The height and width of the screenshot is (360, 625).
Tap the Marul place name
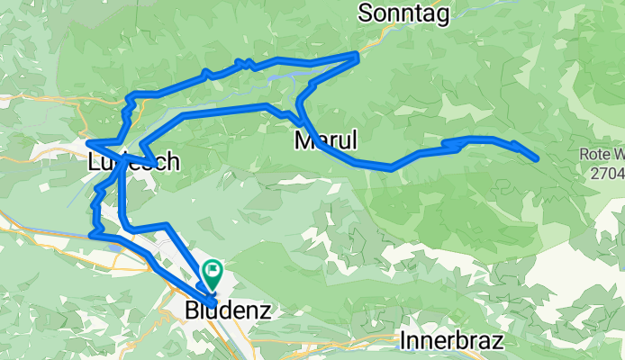326,140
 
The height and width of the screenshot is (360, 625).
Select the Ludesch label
134,163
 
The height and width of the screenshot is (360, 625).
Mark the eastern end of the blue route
537,158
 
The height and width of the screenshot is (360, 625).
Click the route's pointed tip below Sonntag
358,56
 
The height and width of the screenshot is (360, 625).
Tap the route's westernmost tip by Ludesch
87,141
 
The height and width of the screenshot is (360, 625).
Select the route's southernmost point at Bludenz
213,301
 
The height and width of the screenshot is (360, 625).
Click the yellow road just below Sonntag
383,33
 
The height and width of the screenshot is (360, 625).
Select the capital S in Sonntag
365,13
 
